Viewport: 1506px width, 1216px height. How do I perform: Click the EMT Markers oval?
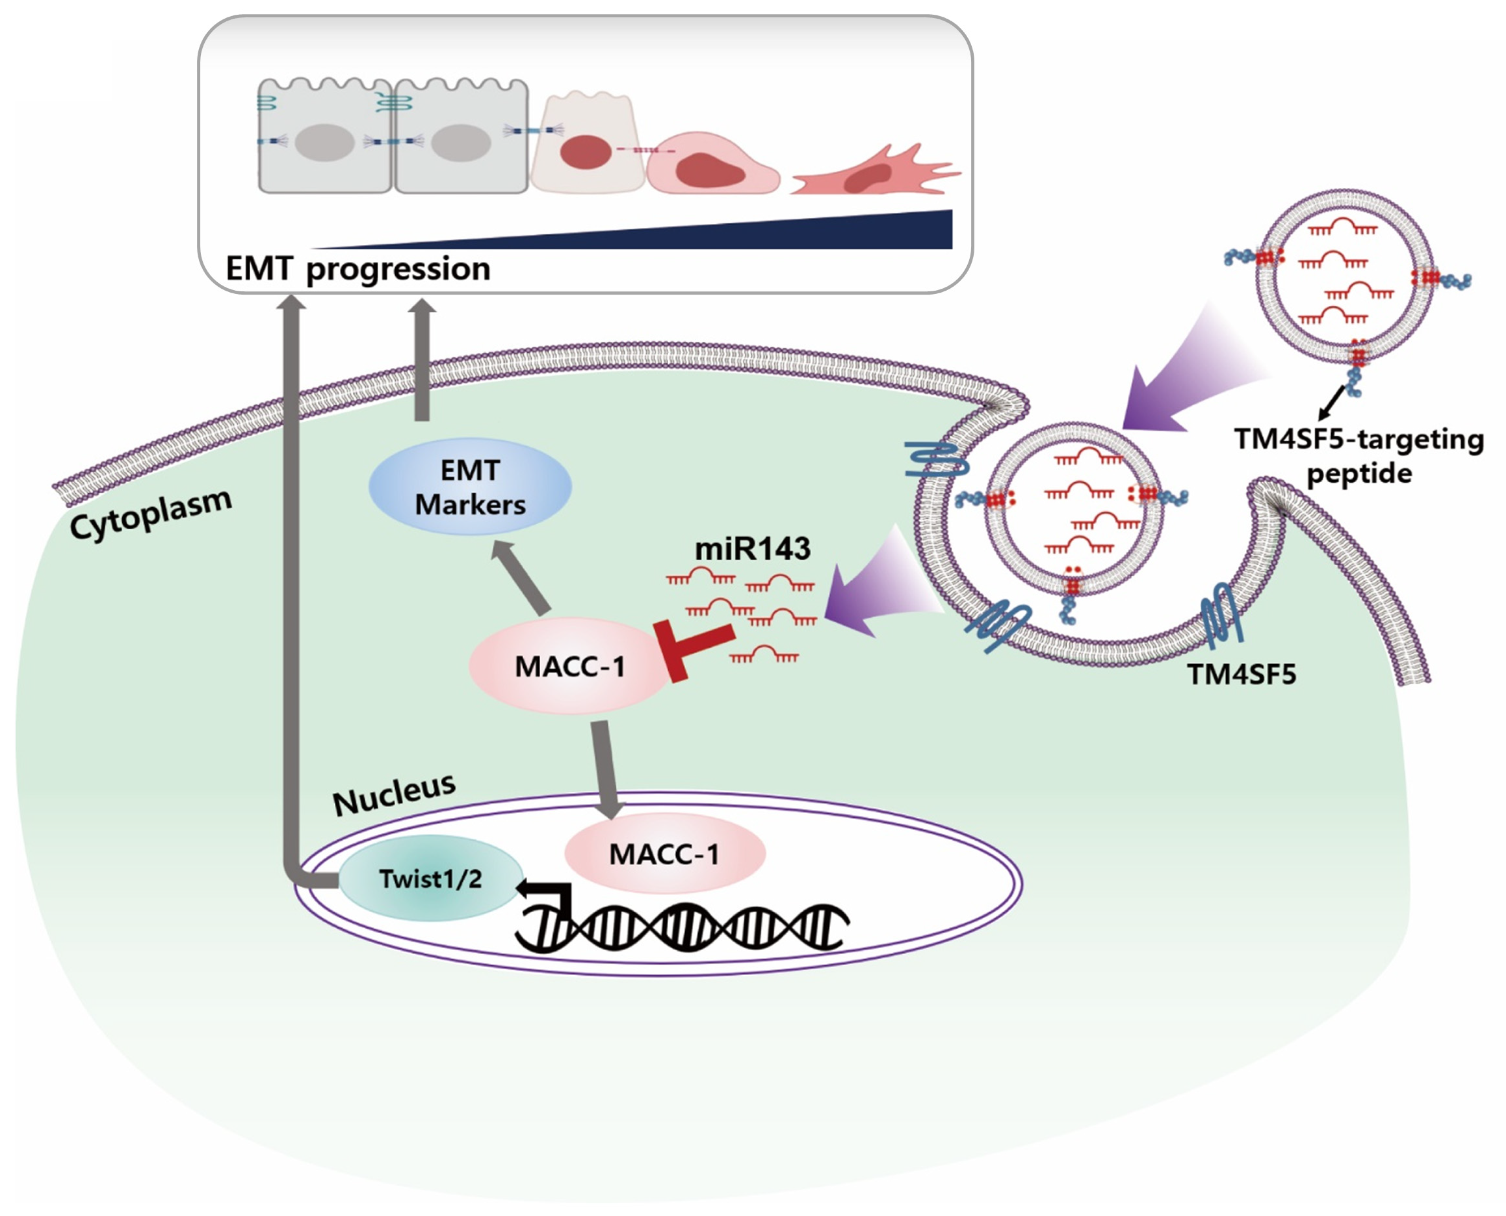pyautogui.click(x=470, y=486)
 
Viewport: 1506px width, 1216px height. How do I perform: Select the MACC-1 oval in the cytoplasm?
pyautogui.click(x=569, y=666)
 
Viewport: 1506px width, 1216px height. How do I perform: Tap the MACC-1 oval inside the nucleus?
pyautogui.click(x=664, y=853)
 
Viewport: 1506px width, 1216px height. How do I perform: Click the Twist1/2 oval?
pyautogui.click(x=430, y=878)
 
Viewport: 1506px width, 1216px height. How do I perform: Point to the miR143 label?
pyautogui.click(x=752, y=548)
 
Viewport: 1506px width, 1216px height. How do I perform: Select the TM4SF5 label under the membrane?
pyautogui.click(x=1241, y=674)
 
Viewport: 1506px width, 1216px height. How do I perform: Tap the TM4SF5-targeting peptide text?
pyautogui.click(x=1359, y=456)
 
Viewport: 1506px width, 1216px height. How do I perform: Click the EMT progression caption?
pyautogui.click(x=357, y=268)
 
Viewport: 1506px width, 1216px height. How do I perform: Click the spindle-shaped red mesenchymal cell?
pyautogui.click(x=876, y=173)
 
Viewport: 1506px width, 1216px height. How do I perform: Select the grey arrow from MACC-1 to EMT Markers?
pyautogui.click(x=521, y=577)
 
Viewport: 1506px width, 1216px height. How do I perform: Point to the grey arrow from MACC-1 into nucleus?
pyautogui.click(x=606, y=769)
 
